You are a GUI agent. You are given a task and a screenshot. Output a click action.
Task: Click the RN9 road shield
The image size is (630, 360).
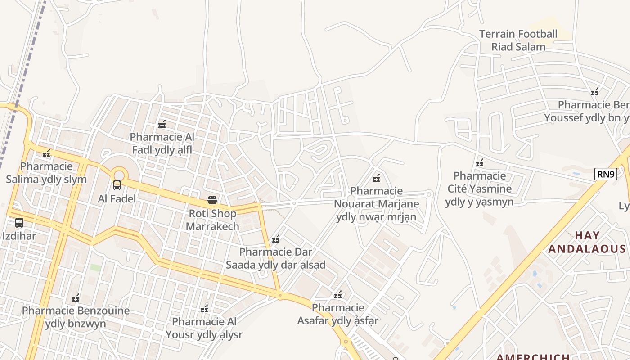(x=605, y=174)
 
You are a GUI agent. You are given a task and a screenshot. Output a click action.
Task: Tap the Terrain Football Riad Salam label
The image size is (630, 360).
(x=518, y=40)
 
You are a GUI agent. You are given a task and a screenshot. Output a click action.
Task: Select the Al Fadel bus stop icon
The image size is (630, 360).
(x=117, y=185)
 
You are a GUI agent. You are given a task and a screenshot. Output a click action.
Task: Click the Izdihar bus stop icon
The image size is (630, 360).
(x=19, y=222)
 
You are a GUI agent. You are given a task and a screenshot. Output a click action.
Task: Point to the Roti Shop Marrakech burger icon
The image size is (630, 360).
(x=212, y=200)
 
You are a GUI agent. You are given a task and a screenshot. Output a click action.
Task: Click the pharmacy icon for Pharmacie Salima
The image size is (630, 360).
(x=46, y=153)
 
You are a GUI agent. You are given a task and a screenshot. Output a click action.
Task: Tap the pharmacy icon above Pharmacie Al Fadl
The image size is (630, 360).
(x=162, y=124)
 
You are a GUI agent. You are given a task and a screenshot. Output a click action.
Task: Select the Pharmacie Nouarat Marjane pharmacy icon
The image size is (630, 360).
(x=376, y=178)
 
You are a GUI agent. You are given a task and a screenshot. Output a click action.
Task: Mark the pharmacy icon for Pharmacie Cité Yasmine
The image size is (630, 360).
(x=480, y=162)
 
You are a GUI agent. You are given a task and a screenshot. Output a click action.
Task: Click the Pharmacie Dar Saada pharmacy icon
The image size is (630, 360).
(x=276, y=239)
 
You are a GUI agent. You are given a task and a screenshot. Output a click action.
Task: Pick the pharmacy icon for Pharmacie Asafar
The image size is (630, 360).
(x=338, y=295)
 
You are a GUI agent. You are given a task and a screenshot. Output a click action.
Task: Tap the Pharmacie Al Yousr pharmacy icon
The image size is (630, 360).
(x=204, y=308)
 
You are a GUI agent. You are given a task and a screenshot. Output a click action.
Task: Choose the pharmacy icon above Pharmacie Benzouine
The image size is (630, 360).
(x=76, y=297)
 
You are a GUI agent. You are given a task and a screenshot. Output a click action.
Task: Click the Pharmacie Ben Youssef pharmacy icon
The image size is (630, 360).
(x=595, y=92)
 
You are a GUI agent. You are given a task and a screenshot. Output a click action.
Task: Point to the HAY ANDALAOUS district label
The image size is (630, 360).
(x=587, y=242)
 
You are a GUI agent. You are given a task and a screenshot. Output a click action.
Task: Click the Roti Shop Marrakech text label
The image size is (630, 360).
(x=212, y=220)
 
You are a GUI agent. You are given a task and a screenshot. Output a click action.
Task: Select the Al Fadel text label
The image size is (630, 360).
(x=117, y=198)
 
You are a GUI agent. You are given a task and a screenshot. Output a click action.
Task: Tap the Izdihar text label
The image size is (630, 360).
(x=19, y=236)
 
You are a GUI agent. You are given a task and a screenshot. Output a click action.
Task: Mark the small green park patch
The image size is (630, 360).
(x=95, y=267)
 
